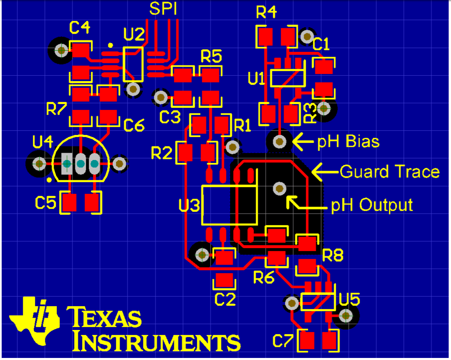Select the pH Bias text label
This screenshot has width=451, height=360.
click(x=348, y=142)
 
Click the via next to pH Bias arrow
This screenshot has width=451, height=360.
click(x=280, y=142)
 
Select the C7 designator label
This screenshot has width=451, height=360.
click(x=283, y=341)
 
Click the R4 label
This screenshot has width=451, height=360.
click(x=266, y=13)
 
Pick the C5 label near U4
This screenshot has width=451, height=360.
click(x=45, y=202)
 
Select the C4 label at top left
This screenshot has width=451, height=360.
click(x=79, y=28)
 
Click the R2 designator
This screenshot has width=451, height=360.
click(x=162, y=153)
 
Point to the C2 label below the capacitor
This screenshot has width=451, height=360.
click(x=225, y=300)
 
